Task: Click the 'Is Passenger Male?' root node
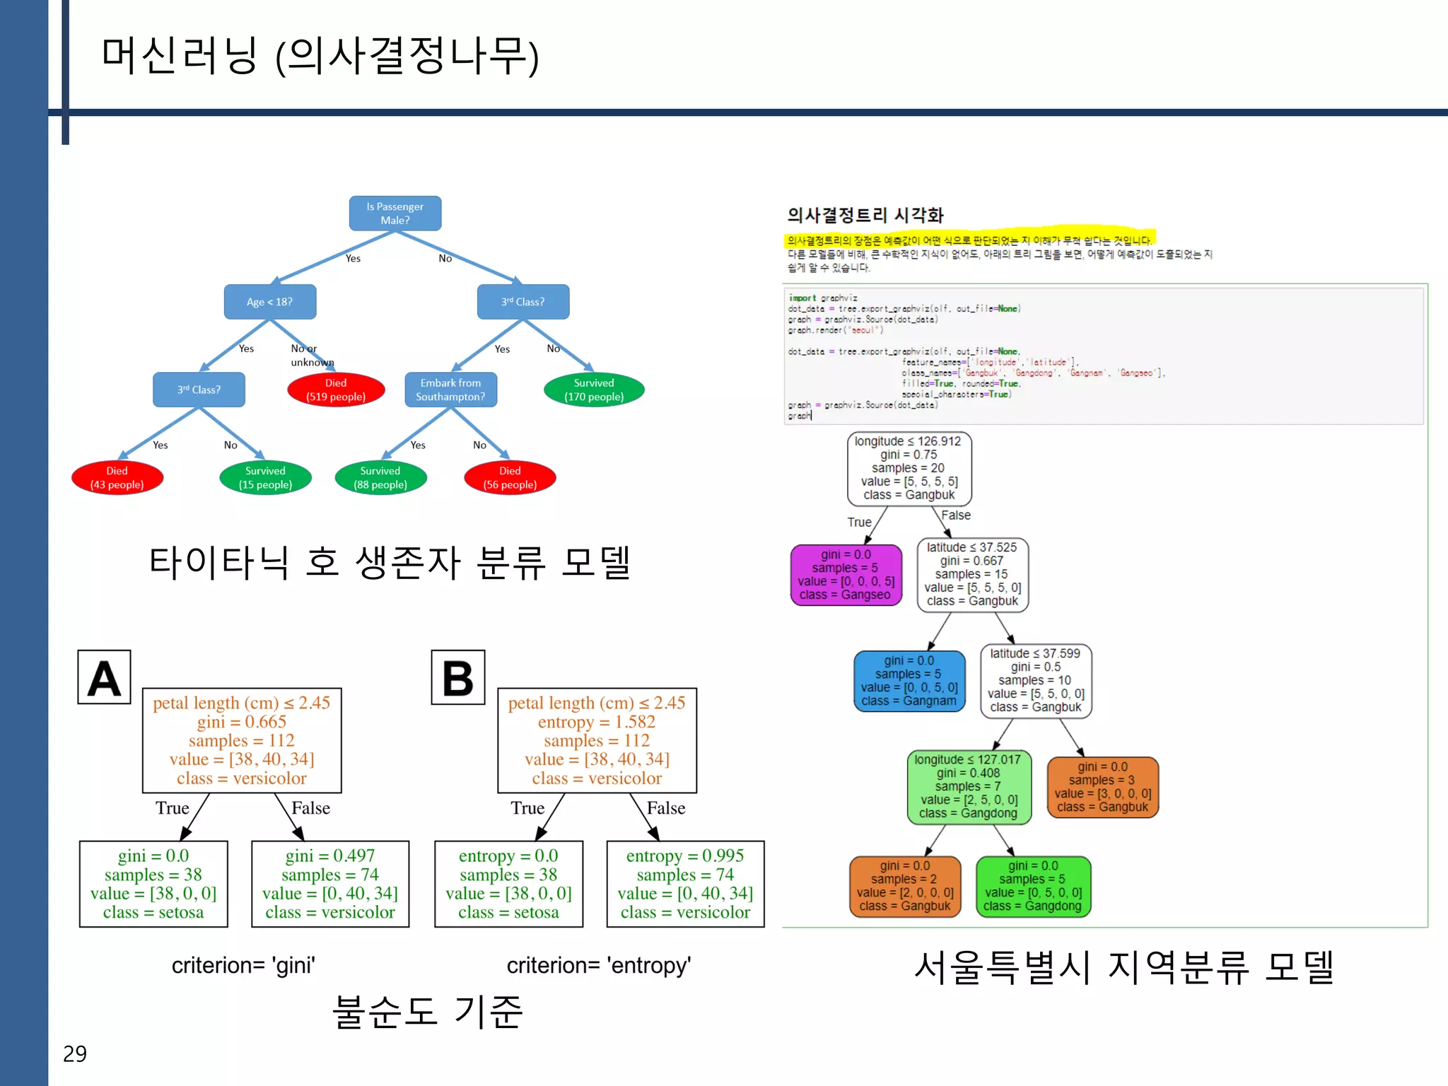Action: (x=395, y=214)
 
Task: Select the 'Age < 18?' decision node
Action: (x=269, y=302)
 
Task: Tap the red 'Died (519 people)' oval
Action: (x=336, y=390)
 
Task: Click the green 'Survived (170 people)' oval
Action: (x=594, y=390)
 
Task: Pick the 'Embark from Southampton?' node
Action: (x=450, y=390)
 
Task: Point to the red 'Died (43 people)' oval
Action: (x=117, y=477)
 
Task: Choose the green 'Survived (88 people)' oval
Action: (x=380, y=477)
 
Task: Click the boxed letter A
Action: (x=105, y=677)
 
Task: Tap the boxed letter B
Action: (x=458, y=677)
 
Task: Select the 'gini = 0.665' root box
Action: (x=242, y=740)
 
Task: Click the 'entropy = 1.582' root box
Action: (x=597, y=740)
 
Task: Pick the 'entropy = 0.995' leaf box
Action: (x=685, y=884)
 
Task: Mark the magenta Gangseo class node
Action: (x=846, y=575)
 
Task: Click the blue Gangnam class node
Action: (x=909, y=681)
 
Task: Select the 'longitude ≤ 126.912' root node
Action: (x=909, y=468)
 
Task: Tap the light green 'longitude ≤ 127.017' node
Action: (x=969, y=786)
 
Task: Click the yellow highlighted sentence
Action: (x=969, y=240)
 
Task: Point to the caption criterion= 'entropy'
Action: (x=598, y=965)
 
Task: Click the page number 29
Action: (x=75, y=1053)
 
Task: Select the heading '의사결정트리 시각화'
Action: (x=865, y=215)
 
